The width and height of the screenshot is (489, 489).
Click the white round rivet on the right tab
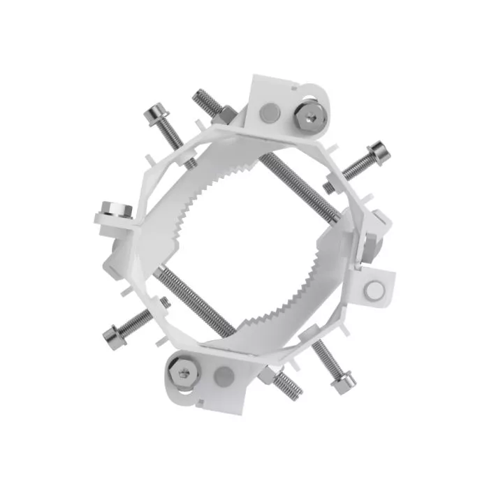375,289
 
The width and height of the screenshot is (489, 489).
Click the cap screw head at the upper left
156,111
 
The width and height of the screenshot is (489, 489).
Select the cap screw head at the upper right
377,149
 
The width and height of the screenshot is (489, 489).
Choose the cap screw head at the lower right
344,381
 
